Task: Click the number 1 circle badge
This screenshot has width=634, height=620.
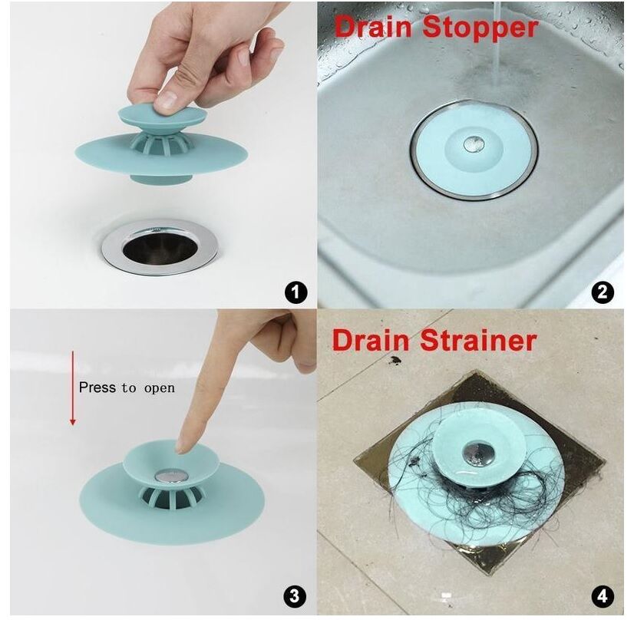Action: (x=296, y=292)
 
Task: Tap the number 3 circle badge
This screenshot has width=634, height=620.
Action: (x=296, y=596)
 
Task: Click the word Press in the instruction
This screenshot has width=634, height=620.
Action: (x=97, y=387)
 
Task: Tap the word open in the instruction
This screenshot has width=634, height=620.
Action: (x=159, y=388)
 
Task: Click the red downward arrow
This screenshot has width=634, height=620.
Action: (x=73, y=387)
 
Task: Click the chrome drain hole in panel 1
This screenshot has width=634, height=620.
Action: (x=161, y=245)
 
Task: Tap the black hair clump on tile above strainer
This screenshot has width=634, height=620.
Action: (x=396, y=360)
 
